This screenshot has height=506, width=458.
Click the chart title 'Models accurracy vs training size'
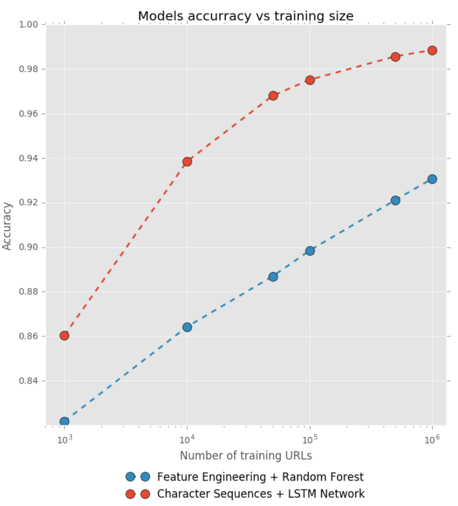pyautogui.click(x=245, y=16)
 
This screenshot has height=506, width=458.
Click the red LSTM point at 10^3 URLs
pyautogui.click(x=64, y=336)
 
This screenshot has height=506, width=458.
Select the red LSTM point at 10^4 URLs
pyautogui.click(x=187, y=161)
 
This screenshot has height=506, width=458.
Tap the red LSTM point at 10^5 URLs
pyautogui.click(x=310, y=80)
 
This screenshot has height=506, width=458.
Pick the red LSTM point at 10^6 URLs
pyautogui.click(x=432, y=50)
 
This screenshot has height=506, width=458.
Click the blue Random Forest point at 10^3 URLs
pyautogui.click(x=64, y=421)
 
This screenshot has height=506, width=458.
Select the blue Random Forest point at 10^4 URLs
pyautogui.click(x=187, y=327)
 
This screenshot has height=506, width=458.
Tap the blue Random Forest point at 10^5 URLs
pyautogui.click(x=310, y=251)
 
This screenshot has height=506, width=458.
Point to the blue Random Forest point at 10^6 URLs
pyautogui.click(x=432, y=179)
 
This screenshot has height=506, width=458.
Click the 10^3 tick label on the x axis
pyautogui.click(x=64, y=438)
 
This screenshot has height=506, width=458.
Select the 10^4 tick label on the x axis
pyautogui.click(x=187, y=438)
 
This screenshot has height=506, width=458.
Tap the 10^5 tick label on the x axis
pyautogui.click(x=310, y=438)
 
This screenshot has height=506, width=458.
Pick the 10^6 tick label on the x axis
pyautogui.click(x=432, y=438)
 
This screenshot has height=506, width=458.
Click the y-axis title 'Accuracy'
pyautogui.click(x=8, y=226)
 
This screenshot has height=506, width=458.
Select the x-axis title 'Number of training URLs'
pyautogui.click(x=246, y=456)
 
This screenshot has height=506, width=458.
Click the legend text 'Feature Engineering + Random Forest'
pyautogui.click(x=260, y=477)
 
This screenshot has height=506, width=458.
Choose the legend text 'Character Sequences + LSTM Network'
pyautogui.click(x=261, y=494)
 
